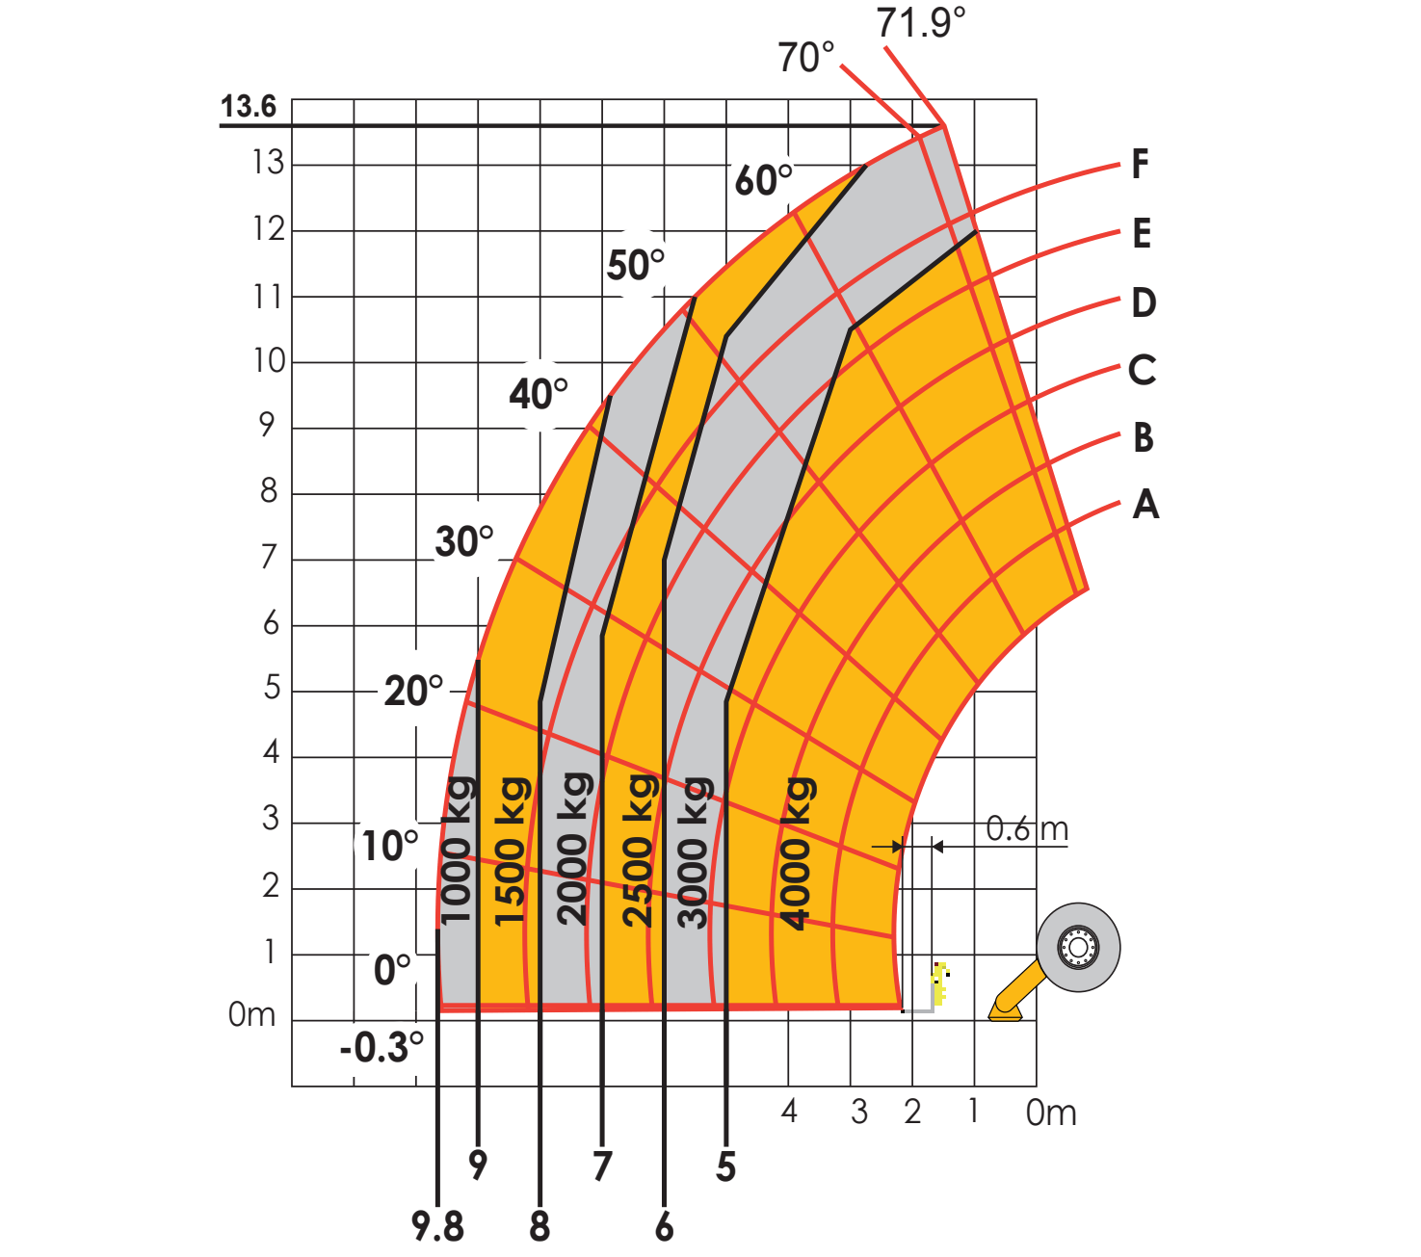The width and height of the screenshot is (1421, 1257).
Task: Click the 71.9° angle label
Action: pos(920,22)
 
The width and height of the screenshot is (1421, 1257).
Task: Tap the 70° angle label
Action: pos(806,58)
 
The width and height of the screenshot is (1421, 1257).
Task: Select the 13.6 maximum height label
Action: pos(249,107)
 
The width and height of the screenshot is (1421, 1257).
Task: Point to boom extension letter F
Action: pos(1140,164)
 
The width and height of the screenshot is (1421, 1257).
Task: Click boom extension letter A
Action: pos(1145,504)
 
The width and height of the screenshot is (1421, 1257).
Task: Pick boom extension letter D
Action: pos(1144,302)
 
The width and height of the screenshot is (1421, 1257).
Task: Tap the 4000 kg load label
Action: pos(798,853)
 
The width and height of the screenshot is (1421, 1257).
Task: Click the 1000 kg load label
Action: pos(458,850)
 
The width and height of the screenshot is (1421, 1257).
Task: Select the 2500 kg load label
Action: pos(639,851)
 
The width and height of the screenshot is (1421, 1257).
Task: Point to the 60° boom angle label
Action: pos(763,179)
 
